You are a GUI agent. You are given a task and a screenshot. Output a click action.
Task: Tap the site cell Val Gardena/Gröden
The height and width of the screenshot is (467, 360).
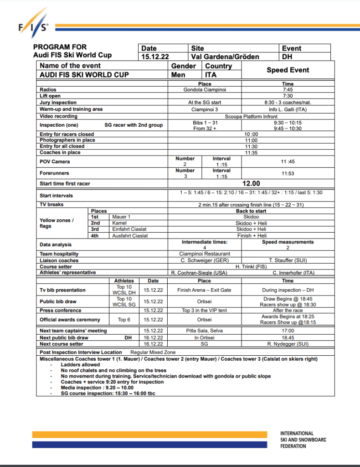tap(225, 57)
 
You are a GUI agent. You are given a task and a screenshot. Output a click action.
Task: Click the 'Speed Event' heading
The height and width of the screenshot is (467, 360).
tap(288, 70)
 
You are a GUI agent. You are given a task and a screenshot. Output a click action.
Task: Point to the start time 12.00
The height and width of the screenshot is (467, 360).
tap(250, 183)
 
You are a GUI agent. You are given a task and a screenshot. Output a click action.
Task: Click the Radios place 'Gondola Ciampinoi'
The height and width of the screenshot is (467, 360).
tap(205, 90)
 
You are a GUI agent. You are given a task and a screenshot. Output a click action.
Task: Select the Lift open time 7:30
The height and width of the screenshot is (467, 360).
tap(288, 96)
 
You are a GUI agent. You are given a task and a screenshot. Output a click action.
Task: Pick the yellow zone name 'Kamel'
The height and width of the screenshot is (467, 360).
tap(119, 223)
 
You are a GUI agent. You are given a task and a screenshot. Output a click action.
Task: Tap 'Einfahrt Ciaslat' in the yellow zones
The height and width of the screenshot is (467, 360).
tap(129, 229)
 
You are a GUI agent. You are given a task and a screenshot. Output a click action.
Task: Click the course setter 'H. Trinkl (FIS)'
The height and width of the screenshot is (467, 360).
tap(251, 266)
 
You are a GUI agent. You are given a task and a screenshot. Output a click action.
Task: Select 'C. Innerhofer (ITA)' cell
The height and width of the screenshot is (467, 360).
tap(288, 273)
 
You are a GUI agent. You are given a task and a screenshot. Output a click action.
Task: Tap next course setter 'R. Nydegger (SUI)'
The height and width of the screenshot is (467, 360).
tap(288, 344)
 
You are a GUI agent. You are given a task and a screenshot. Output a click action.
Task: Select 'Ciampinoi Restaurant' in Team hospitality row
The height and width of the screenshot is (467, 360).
tap(205, 254)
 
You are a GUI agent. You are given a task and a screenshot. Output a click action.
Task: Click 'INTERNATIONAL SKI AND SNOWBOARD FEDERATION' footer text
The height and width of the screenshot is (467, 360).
tap(303, 439)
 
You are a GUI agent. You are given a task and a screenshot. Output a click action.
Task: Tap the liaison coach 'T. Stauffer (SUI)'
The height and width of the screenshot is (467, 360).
tap(288, 260)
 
